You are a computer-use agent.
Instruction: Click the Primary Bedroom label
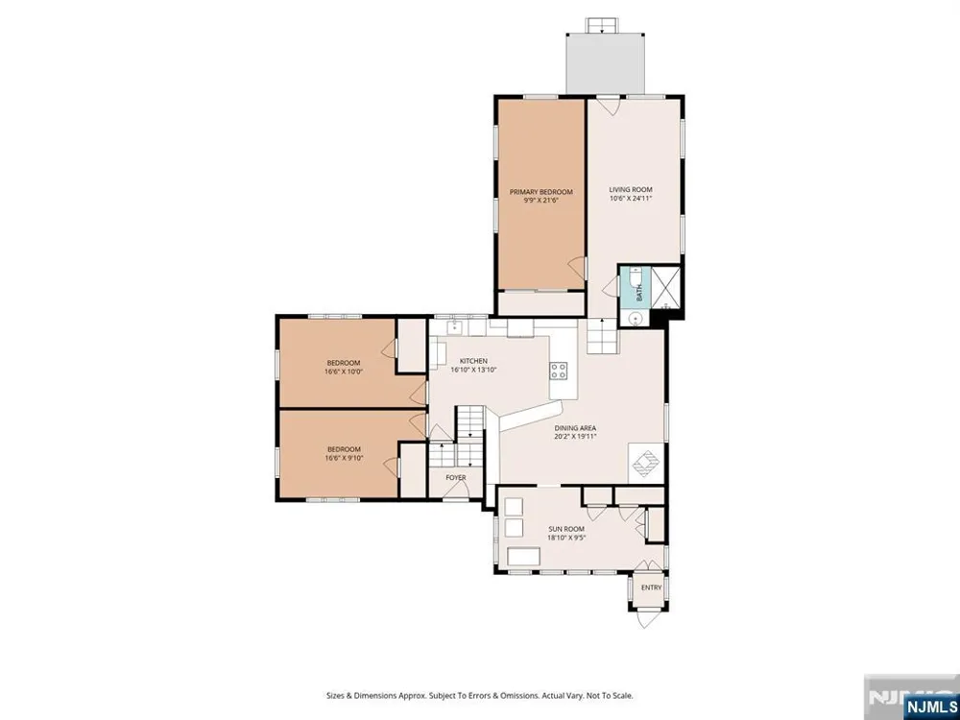(x=540, y=192)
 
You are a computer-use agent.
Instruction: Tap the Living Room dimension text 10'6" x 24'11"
(x=630, y=199)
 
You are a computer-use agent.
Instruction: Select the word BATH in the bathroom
(x=639, y=294)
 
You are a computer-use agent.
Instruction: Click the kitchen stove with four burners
(x=559, y=370)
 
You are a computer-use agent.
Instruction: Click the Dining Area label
(x=575, y=428)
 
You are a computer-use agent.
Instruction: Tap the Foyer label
(x=455, y=477)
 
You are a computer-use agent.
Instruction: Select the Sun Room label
(x=565, y=529)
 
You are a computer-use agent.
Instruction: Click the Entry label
(x=651, y=588)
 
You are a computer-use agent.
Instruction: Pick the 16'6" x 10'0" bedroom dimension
(x=344, y=371)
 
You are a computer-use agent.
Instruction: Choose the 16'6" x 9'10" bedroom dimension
(x=344, y=457)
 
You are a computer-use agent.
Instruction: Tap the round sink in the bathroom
(x=637, y=319)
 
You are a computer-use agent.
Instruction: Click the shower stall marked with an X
(x=665, y=286)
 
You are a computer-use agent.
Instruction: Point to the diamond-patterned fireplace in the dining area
(x=646, y=463)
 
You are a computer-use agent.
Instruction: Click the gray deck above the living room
(x=606, y=63)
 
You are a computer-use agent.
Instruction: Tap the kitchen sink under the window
(x=454, y=327)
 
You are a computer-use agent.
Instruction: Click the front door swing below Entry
(x=646, y=619)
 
